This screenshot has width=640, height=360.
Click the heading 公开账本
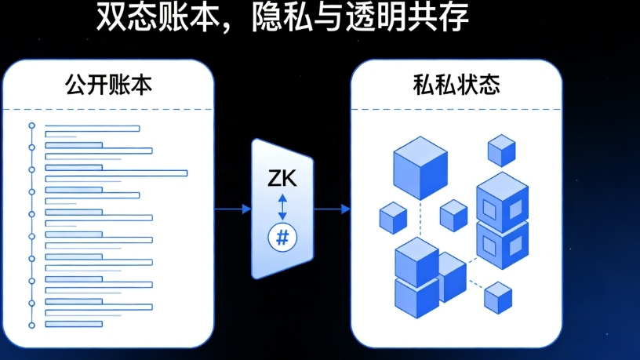pyautogui.click(x=110, y=85)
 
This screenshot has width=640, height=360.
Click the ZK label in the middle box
pyautogui.click(x=282, y=179)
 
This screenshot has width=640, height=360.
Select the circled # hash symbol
pyautogui.click(x=282, y=237)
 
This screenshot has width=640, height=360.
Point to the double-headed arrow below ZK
pyautogui.click(x=282, y=207)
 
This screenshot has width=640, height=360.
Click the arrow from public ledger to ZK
pyautogui.click(x=232, y=209)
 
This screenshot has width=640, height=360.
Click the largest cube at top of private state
pyautogui.click(x=420, y=167)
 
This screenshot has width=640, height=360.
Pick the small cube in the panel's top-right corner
pyautogui.click(x=501, y=149)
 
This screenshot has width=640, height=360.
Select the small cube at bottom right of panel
pyautogui.click(x=498, y=296)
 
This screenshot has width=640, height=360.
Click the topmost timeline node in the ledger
pyautogui.click(x=32, y=125)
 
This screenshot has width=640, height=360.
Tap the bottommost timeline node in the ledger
pyautogui.click(x=32, y=325)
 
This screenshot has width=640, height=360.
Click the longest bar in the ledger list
pyautogui.click(x=116, y=173)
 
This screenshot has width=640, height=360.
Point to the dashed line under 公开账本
pyautogui.click(x=110, y=108)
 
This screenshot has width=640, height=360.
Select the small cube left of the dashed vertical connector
pyautogui.click(x=393, y=217)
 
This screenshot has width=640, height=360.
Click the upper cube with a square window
pyautogui.click(x=503, y=201)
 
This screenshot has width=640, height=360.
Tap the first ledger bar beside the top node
pyautogui.click(x=92, y=128)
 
